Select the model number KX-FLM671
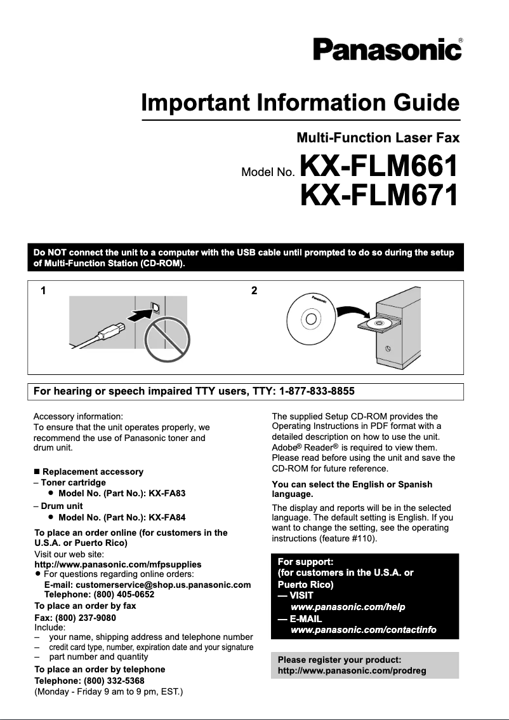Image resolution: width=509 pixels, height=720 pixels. coord(379,195)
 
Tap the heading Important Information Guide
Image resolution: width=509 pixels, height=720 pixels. coord(300,102)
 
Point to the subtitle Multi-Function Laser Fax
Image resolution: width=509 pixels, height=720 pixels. coord(378,137)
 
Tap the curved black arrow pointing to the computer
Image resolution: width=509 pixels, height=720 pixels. coord(354,311)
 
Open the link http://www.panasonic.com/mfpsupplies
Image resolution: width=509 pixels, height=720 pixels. coord(117,564)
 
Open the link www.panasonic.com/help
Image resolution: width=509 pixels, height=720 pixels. coord(347,607)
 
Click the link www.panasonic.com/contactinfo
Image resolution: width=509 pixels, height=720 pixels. coord(363,630)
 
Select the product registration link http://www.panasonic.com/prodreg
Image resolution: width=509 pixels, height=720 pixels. coord(352,670)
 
